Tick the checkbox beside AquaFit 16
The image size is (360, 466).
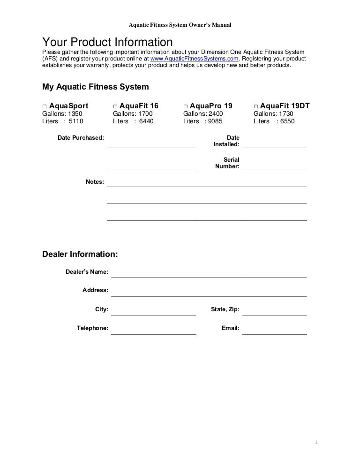pos(115,106)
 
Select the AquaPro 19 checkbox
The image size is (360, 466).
pos(186,106)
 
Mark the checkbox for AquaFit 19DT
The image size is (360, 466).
pos(256,106)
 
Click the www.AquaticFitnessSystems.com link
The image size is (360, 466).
pos(195,59)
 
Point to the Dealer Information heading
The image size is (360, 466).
pos(80,254)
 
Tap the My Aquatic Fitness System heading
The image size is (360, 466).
pos(96,87)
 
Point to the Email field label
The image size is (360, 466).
pos(231,328)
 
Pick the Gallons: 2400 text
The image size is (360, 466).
pos(203,114)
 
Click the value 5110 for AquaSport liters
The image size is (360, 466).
pos(75,121)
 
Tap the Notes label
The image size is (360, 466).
pos(95,182)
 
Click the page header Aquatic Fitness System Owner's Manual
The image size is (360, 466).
pos(180,23)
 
